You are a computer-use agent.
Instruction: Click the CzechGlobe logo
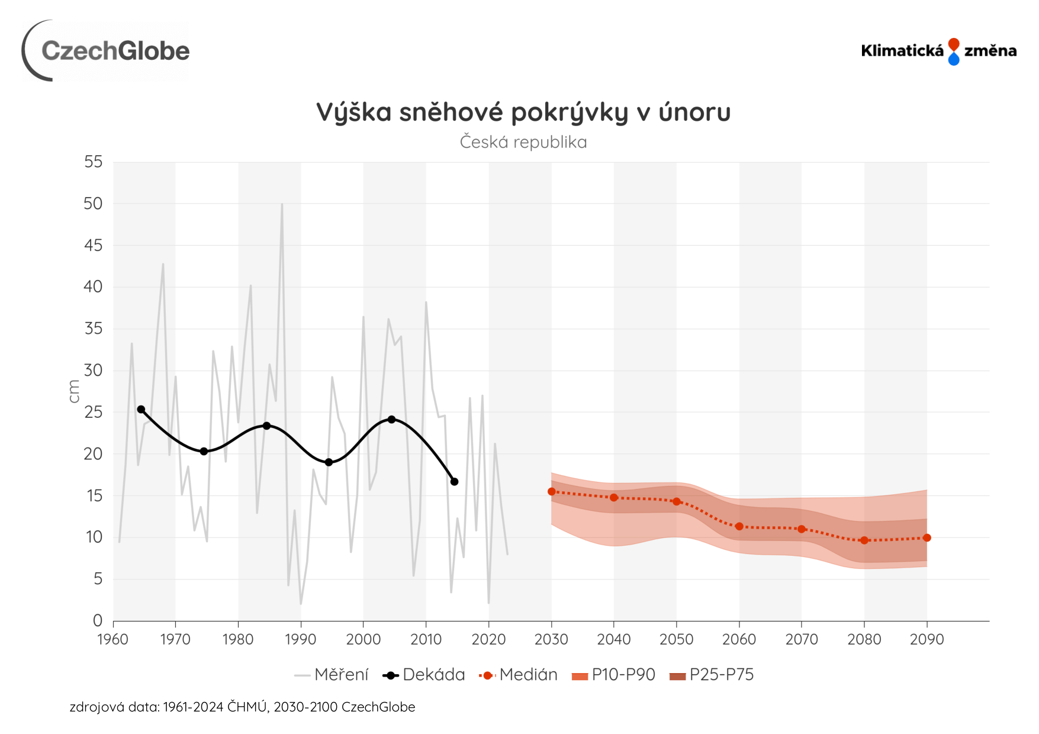click(107, 51)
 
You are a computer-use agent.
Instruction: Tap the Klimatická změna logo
click(938, 51)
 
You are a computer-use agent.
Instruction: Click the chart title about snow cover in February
click(523, 112)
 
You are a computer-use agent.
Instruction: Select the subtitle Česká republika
click(523, 143)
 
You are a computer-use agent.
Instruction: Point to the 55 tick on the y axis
click(94, 162)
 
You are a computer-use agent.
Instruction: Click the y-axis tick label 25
click(94, 413)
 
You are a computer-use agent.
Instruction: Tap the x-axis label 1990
click(301, 640)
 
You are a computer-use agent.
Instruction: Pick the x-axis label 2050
click(676, 640)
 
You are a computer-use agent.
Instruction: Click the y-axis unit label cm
click(74, 392)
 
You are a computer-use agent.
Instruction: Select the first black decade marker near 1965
click(141, 410)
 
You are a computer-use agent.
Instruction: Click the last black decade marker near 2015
click(454, 482)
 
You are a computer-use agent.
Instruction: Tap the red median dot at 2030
click(552, 492)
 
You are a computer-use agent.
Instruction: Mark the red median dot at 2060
click(739, 526)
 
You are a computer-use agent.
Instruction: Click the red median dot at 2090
click(927, 538)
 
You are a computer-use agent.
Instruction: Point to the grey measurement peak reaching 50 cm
click(282, 204)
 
